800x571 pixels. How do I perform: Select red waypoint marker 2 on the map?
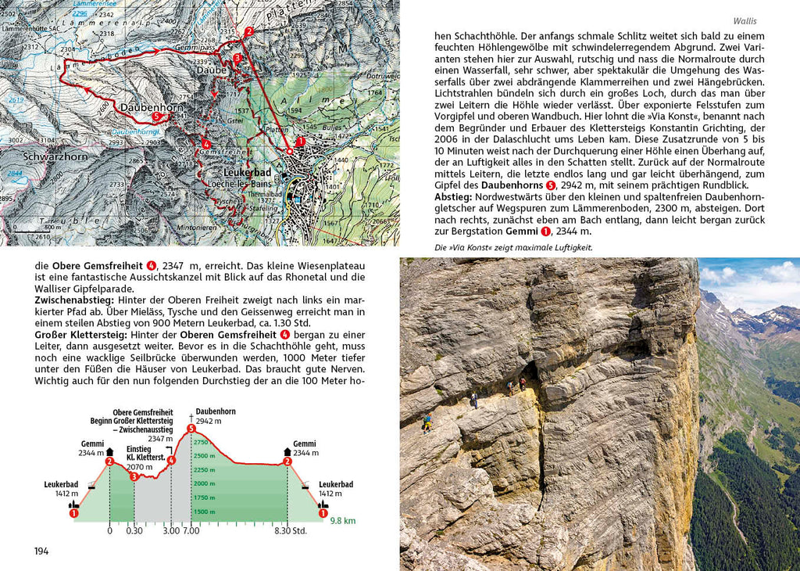click(248, 32)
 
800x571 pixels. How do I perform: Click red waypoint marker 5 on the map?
click(157, 117)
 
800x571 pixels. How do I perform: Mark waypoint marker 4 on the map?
click(205, 144)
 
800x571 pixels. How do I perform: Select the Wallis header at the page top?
click(745, 21)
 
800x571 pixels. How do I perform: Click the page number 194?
click(41, 551)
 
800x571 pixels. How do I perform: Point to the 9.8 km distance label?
click(342, 520)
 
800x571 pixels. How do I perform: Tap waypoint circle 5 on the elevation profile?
click(191, 428)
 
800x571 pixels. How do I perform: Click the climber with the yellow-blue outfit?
click(427, 422)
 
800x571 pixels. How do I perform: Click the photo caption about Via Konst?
click(513, 247)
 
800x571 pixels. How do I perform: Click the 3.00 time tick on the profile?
click(170, 531)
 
